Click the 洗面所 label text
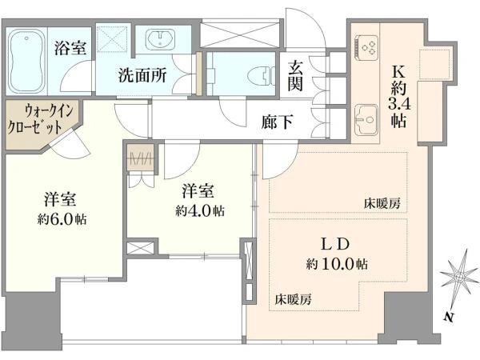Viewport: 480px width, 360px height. (x=142, y=77)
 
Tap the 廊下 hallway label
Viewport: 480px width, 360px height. (x=277, y=122)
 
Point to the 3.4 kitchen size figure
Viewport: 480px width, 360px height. (x=398, y=102)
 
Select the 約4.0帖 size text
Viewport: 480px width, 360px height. (x=199, y=211)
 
